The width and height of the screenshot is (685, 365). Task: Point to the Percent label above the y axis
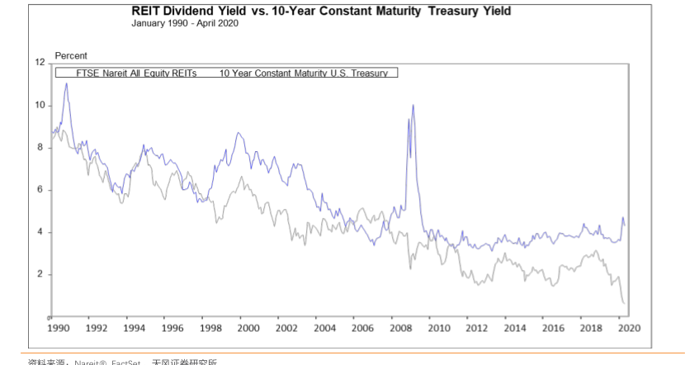coord(71,55)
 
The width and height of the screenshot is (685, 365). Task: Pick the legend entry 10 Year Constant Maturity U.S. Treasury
coord(303,73)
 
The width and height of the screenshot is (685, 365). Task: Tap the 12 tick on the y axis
coord(39,63)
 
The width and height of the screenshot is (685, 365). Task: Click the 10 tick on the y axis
coord(39,105)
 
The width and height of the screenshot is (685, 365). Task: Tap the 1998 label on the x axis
coord(210,328)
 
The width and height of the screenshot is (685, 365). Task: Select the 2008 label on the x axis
coord(401,328)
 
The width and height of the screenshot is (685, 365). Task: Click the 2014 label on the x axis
coord(516,328)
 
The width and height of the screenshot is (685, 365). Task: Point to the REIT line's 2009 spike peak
coord(413,105)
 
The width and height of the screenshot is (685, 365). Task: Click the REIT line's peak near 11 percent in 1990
coord(66,83)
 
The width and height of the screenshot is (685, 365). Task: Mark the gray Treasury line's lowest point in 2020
coord(622,303)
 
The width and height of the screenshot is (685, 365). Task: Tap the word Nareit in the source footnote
coord(87,362)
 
